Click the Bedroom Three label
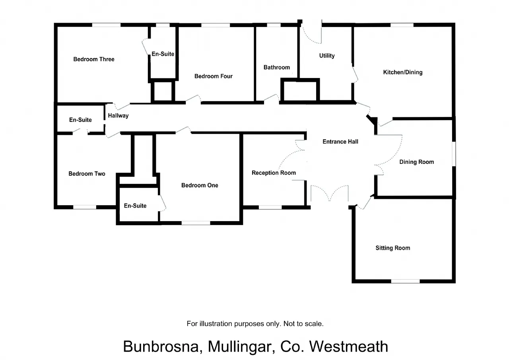[94, 59]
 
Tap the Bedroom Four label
[213, 76]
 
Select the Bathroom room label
[276, 68]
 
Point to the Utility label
[327, 56]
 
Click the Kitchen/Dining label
[402, 72]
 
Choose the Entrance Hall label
[340, 142]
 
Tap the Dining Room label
[416, 162]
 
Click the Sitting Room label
[392, 248]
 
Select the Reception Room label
[274, 173]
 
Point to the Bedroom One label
[200, 185]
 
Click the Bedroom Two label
[87, 174]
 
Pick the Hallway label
[118, 116]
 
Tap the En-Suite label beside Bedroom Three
[163, 54]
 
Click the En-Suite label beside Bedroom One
[135, 206]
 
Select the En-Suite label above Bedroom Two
[80, 120]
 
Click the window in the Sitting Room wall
[405, 281]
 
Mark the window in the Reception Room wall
[270, 207]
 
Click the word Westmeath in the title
[348, 346]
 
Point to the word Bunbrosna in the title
[161, 346]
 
